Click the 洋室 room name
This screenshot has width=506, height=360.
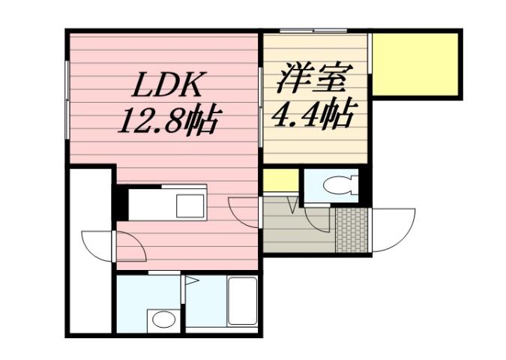tap(313, 79)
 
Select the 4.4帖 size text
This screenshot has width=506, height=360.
tap(313, 114)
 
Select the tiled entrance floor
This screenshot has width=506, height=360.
tap(352, 229)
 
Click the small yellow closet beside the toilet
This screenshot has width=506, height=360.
tap(280, 181)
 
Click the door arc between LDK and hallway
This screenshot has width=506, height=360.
tap(244, 211)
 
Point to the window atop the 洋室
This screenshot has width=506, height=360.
tap(313, 31)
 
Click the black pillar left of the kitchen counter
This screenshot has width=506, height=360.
tap(119, 202)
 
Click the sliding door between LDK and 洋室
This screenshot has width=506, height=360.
tap(260, 97)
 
